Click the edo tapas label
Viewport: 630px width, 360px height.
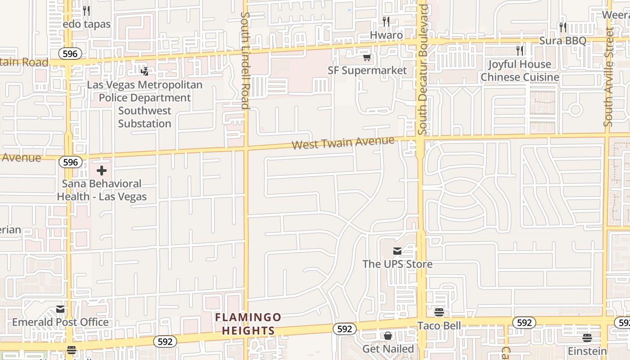(x=86, y=24)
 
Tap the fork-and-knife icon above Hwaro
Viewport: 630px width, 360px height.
(x=386, y=21)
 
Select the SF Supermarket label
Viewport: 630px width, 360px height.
(x=367, y=70)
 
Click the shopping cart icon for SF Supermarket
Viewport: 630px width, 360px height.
(x=367, y=57)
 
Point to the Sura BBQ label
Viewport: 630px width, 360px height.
(x=562, y=40)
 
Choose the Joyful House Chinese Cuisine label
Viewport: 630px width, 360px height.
(x=520, y=71)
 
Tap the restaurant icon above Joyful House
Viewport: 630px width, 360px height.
(x=520, y=50)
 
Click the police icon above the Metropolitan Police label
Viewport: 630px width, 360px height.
(x=144, y=71)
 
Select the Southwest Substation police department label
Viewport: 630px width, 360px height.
(x=144, y=104)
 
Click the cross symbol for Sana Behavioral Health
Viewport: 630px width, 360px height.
(x=102, y=171)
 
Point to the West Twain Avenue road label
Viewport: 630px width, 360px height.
(x=343, y=143)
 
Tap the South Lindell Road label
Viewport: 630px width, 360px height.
(x=245, y=61)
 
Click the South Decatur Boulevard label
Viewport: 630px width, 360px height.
(x=422, y=70)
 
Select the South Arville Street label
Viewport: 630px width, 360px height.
(x=609, y=76)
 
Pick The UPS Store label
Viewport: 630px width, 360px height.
(x=397, y=264)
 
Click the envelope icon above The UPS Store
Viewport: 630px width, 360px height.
(x=397, y=251)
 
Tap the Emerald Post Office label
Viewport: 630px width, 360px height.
(x=60, y=322)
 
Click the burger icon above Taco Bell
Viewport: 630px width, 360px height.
(x=439, y=312)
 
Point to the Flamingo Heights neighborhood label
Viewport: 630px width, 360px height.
(x=248, y=324)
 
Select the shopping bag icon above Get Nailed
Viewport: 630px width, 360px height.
(x=388, y=336)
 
